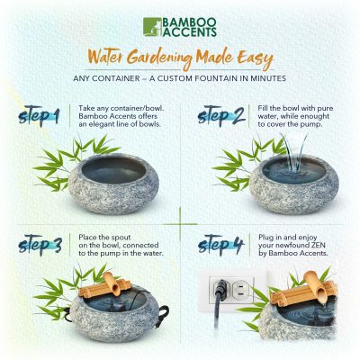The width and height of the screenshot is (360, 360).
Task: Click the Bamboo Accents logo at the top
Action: click(179, 26)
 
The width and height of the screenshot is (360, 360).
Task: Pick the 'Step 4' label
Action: click(220, 244)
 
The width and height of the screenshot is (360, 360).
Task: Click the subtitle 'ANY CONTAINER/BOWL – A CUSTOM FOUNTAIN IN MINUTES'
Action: click(180, 78)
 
